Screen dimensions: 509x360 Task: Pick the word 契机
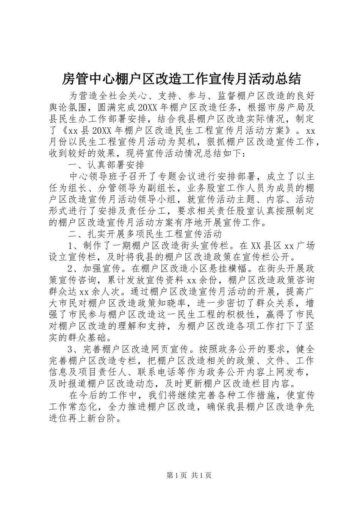click(x=193, y=142)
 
